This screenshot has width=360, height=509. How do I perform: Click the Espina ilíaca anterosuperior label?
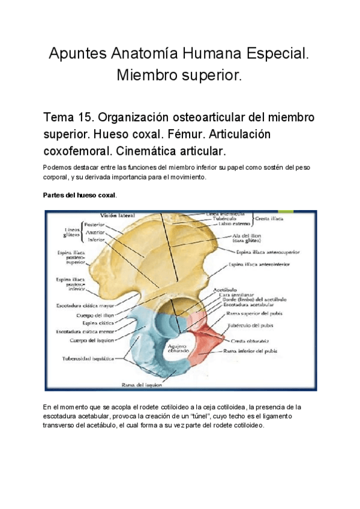coord(268,252)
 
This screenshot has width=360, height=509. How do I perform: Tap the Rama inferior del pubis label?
coord(253,349)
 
